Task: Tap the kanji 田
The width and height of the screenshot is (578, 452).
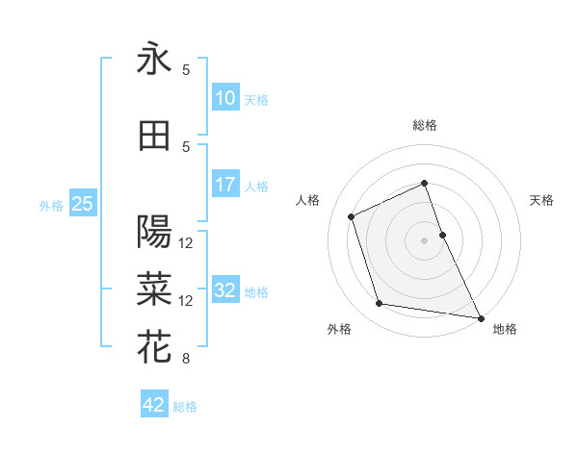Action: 154,136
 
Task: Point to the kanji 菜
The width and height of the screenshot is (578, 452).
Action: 154,286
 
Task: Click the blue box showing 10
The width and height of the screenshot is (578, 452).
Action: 225,97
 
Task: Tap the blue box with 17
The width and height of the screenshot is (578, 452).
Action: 225,185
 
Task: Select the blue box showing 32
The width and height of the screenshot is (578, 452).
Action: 225,291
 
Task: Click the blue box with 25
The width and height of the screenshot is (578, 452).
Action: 82,204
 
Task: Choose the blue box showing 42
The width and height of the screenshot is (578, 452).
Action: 154,405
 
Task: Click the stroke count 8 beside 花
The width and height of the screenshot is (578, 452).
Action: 186,360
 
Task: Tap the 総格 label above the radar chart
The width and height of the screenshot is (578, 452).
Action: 425,125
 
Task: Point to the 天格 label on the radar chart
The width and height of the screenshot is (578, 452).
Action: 542,200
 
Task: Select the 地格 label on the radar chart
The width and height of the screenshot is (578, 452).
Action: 505,329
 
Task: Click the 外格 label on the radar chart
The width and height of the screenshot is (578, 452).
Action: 339,329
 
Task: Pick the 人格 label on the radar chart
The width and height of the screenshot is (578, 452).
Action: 308,200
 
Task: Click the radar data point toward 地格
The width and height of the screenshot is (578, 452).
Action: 479,316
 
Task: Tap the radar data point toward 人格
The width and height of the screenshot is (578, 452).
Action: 352,216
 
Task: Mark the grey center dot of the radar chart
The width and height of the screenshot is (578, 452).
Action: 425,239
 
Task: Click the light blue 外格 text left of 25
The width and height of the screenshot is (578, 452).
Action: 51,205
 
